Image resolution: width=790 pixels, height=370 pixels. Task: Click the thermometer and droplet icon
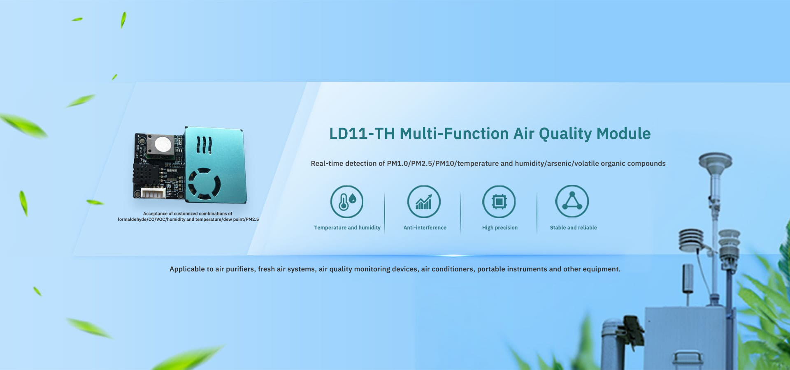tap(347, 201)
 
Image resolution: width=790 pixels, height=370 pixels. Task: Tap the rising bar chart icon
tap(424, 201)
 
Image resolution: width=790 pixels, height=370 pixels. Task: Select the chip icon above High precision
tap(499, 201)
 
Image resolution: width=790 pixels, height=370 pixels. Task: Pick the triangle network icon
tap(572, 201)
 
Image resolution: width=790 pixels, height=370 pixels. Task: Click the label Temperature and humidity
tap(347, 228)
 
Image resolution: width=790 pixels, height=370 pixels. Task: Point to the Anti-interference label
tap(425, 228)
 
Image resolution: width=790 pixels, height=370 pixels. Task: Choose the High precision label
tap(500, 228)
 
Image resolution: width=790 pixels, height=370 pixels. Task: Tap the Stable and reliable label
tap(573, 228)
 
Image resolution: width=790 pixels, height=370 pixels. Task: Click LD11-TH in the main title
tap(362, 134)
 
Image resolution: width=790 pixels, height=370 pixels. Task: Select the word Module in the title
tap(623, 134)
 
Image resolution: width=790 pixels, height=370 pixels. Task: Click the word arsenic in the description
tap(559, 164)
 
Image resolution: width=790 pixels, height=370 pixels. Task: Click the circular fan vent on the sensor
tap(204, 184)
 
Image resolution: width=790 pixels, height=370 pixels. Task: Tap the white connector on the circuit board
tap(153, 193)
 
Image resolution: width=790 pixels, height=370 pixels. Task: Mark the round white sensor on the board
tap(163, 144)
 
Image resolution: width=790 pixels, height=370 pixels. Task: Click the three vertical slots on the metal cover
tap(204, 145)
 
